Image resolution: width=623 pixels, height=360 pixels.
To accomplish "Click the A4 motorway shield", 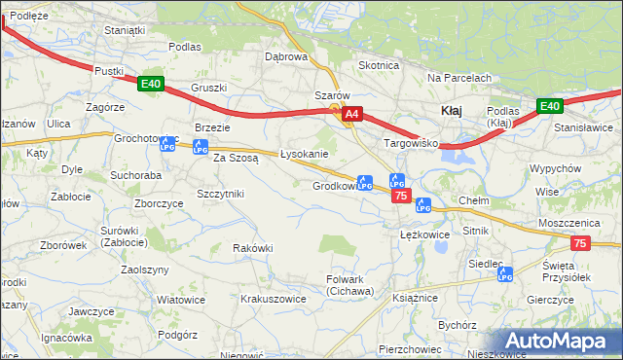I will coord(352,115).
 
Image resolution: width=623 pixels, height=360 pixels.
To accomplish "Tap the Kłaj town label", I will coord(451,111).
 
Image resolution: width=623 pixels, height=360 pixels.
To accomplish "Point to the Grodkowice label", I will coord(334,186).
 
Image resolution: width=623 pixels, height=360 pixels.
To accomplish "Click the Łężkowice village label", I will coord(424,234).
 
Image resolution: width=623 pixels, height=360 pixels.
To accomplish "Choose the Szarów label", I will coord(331,95).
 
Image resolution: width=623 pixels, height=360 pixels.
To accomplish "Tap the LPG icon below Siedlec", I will coord(504,276).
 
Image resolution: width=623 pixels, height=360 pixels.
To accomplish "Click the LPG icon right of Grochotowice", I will coord(166,145).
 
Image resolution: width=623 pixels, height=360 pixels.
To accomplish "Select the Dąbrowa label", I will coord(286,56).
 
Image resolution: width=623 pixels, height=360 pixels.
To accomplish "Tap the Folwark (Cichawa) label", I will coord(349,285).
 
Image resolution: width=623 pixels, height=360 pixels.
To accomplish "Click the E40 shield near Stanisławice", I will coord(551,106).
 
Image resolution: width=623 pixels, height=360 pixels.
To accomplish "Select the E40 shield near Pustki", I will coord(150,84).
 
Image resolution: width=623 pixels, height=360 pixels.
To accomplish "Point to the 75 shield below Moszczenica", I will coord(580,243).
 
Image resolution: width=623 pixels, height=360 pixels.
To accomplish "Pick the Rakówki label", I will coord(252,248).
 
